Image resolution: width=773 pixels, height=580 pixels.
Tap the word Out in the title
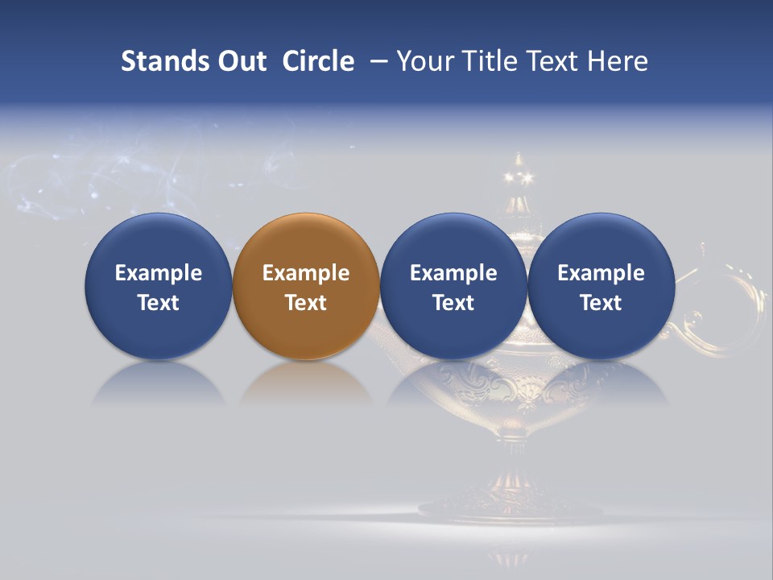(239, 61)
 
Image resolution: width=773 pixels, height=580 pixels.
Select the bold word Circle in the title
(318, 61)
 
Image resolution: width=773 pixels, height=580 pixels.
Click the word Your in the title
(422, 61)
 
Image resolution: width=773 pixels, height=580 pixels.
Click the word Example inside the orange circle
(306, 273)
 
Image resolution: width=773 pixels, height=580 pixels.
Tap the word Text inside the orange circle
(306, 303)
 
